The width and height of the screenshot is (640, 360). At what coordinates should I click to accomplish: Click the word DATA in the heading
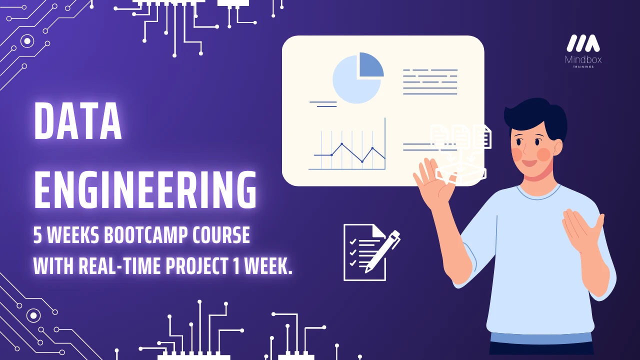click(78, 121)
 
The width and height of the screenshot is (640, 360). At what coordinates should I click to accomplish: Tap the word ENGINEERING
click(145, 189)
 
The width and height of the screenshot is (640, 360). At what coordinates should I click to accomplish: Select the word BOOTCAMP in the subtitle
click(145, 235)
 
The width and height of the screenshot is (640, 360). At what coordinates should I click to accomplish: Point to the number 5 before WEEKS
click(37, 235)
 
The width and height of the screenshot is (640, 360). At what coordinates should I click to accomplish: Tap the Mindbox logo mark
click(583, 43)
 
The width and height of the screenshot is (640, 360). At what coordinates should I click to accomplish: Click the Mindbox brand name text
click(583, 59)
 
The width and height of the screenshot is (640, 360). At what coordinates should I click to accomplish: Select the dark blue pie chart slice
click(370, 65)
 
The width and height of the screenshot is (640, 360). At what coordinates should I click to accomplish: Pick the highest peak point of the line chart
click(341, 143)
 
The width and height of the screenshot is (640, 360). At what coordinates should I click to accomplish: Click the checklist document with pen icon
click(371, 252)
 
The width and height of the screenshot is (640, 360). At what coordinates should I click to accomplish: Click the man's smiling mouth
click(529, 163)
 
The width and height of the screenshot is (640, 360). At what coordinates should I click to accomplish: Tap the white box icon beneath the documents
click(460, 172)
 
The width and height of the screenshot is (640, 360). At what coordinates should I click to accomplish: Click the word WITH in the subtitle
click(53, 265)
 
